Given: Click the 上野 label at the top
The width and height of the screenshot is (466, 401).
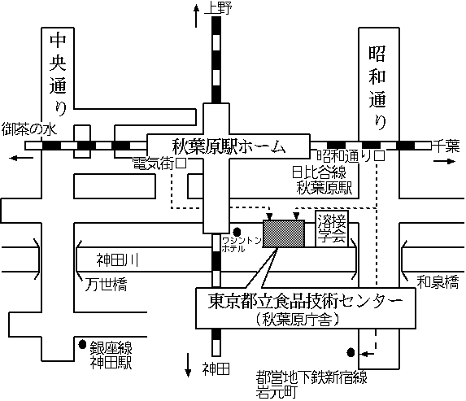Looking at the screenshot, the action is tap(218, 8).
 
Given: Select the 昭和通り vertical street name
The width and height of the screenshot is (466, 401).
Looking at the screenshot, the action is tap(377, 88).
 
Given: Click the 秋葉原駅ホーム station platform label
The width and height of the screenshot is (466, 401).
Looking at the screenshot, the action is tap(229, 146).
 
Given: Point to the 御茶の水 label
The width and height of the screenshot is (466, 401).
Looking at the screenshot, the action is tap(28, 130).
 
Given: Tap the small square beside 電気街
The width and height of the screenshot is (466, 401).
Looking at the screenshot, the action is tap(181, 163).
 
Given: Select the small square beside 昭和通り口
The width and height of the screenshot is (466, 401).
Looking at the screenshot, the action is tap(380, 156).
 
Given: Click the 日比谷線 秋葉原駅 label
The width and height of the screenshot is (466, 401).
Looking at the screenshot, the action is tap(322, 180).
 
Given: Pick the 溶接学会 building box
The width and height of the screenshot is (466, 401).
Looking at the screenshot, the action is tap(332, 229).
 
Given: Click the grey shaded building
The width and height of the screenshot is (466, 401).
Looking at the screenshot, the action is tap(284, 233).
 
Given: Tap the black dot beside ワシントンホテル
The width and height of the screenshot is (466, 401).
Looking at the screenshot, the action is tap(237, 231).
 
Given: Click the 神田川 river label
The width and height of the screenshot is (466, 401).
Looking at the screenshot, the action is tap(118, 260).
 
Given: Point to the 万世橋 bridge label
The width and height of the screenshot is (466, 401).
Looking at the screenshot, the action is tap(106, 285).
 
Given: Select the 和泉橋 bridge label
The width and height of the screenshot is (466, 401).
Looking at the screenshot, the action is tap(438, 282).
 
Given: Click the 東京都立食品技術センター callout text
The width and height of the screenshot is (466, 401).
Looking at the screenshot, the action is tap(305, 301).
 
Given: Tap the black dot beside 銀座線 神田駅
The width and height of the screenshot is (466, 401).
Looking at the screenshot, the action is tap(82, 344).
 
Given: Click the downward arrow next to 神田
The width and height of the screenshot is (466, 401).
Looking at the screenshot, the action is tap(188, 364).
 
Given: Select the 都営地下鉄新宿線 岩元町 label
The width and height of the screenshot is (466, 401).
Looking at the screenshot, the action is tap(311, 385).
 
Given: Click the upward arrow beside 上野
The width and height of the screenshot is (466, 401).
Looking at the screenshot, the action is tap(196, 16).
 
